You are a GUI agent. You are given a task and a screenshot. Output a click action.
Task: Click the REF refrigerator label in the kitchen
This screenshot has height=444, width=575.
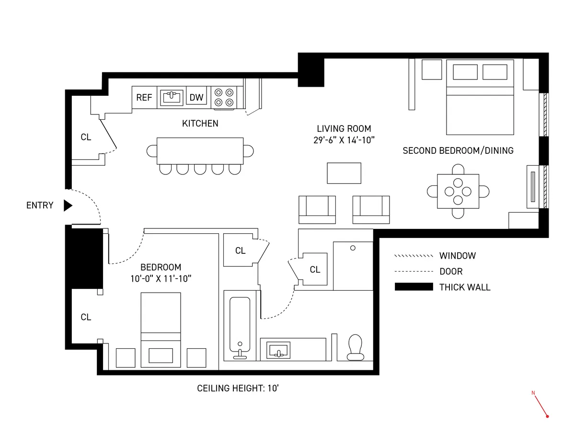(x=144, y=98)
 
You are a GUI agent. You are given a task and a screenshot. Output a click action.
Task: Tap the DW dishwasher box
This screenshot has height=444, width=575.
(x=196, y=98)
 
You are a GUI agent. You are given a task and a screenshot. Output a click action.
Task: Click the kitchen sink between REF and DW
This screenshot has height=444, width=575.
(x=171, y=97)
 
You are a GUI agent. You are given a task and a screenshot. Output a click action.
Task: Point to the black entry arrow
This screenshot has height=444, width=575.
(x=68, y=205)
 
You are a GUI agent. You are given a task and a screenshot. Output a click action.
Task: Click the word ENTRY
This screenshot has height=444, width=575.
(x=40, y=205)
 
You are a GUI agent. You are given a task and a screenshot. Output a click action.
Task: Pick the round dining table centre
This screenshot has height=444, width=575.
(x=458, y=191)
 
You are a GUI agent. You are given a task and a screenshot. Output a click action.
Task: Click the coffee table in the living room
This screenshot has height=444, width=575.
(x=344, y=173)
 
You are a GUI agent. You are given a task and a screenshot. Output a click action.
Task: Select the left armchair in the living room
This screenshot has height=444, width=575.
(x=317, y=209)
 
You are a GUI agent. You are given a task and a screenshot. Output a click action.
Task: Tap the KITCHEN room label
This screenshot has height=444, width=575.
(x=200, y=124)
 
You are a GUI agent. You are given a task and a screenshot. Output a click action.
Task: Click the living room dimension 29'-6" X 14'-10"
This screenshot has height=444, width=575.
(x=344, y=140)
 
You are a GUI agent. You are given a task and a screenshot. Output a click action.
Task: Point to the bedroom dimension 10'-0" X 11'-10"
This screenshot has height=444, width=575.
(x=161, y=278)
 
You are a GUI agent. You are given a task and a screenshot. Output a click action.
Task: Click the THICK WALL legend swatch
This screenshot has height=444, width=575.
(x=413, y=287)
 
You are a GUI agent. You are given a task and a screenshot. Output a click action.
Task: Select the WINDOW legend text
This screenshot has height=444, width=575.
(x=458, y=256)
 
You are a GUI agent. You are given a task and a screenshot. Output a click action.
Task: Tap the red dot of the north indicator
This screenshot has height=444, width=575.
(x=547, y=416)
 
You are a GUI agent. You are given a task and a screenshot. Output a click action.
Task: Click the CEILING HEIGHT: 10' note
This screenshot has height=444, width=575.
(x=238, y=388)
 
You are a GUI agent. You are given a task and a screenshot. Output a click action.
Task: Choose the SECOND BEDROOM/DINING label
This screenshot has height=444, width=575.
(x=458, y=150)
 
